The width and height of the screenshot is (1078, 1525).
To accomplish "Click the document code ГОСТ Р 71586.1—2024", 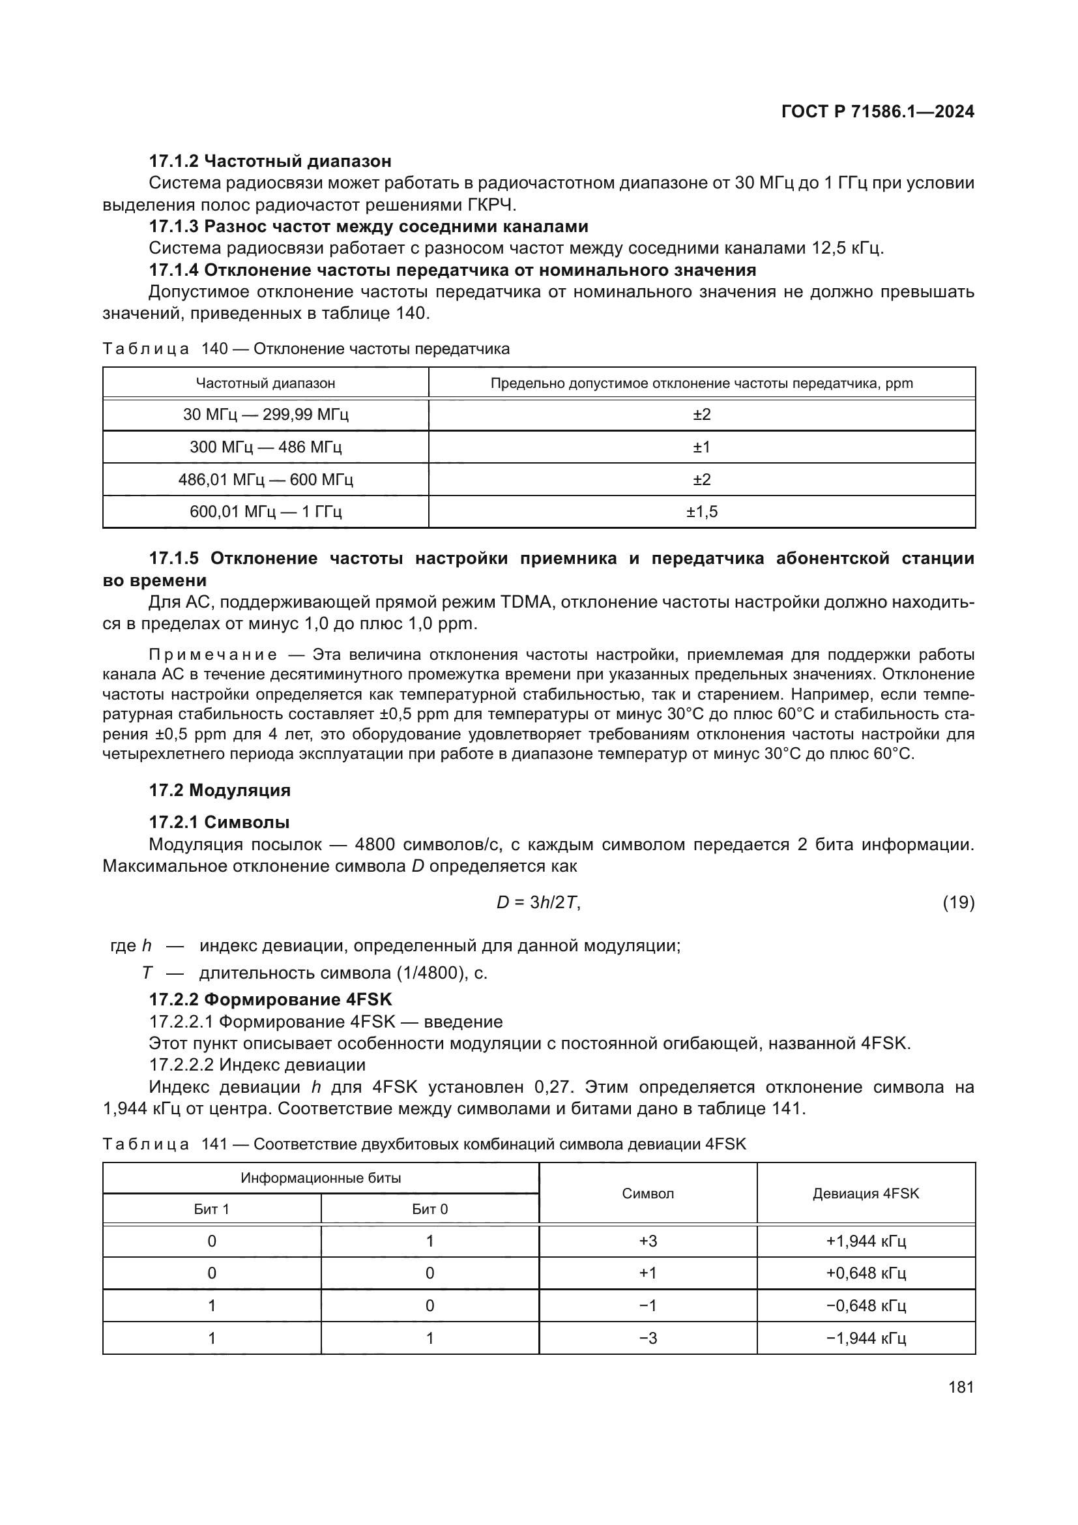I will (x=877, y=111).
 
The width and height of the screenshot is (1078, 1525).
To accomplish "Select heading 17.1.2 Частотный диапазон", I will (x=270, y=161).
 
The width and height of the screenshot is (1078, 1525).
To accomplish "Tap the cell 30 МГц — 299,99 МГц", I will (x=265, y=415).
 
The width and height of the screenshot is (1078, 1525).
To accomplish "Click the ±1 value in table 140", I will (x=702, y=447).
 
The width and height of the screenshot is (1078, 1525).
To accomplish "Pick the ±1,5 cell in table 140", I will (x=702, y=511).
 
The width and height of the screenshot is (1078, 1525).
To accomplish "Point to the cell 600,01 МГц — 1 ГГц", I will (x=265, y=511).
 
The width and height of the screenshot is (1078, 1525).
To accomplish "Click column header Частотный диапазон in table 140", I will (x=265, y=383).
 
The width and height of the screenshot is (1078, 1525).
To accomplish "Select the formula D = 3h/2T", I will (x=538, y=902).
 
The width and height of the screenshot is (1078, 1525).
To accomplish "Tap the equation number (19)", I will (x=959, y=902).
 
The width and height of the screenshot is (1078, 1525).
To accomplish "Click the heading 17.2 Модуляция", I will (x=220, y=790).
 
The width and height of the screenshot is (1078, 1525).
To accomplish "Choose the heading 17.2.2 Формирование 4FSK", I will (x=270, y=999).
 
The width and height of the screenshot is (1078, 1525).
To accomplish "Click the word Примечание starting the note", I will (x=212, y=655).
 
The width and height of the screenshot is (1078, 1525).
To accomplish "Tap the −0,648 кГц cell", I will (x=866, y=1306).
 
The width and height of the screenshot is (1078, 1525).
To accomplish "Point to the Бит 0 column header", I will (x=430, y=1209).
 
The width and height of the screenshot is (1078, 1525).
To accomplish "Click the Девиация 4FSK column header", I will (x=866, y=1194).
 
